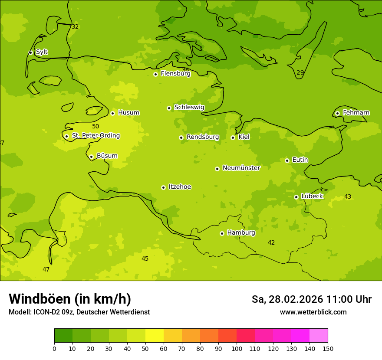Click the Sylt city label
(x=42, y=52)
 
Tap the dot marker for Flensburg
(x=155, y=74)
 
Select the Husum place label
(x=128, y=113)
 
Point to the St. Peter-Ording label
(x=95, y=136)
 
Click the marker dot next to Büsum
(x=91, y=157)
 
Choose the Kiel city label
(x=244, y=137)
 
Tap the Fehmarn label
(x=356, y=113)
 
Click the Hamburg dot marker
(x=222, y=233)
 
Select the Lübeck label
(x=312, y=196)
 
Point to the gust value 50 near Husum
(x=95, y=126)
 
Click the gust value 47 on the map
(x=46, y=269)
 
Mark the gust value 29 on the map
(x=300, y=72)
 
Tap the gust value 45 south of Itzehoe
(x=145, y=259)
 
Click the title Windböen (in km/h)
(x=70, y=299)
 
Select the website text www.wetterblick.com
(x=313, y=312)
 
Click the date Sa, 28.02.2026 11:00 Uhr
(x=311, y=299)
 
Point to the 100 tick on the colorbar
(x=237, y=348)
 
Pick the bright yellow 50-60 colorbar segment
(x=155, y=336)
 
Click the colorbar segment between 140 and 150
(x=318, y=336)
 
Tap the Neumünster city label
(x=241, y=168)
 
